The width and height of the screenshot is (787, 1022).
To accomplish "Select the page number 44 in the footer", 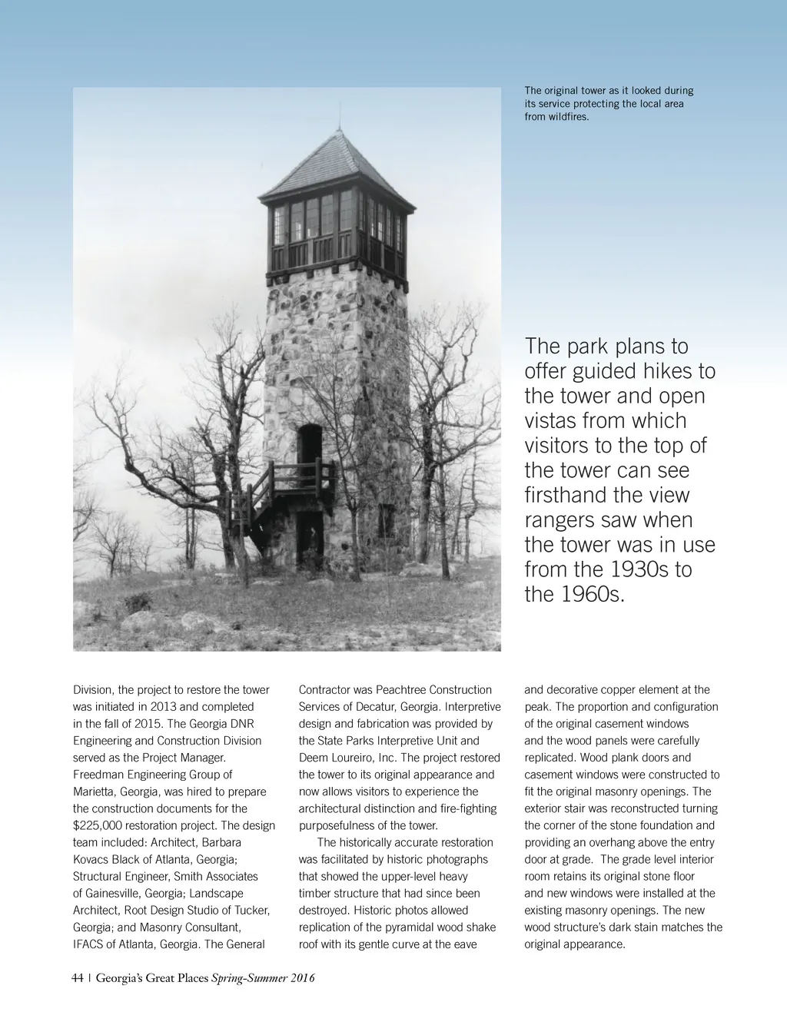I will pyautogui.click(x=78, y=978).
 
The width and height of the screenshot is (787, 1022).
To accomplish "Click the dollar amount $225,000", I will pyautogui.click(x=101, y=825).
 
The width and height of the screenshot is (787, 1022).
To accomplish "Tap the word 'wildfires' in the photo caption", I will pyautogui.click(x=569, y=117).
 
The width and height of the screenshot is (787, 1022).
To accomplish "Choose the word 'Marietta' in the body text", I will pyautogui.click(x=95, y=791).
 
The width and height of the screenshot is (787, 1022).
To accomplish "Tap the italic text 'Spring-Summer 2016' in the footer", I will pyautogui.click(x=263, y=978).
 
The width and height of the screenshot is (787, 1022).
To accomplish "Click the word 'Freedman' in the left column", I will pyautogui.click(x=98, y=775).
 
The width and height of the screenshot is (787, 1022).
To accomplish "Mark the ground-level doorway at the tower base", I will pyautogui.click(x=310, y=538).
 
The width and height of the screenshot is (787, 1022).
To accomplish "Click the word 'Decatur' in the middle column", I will pyautogui.click(x=380, y=707).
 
